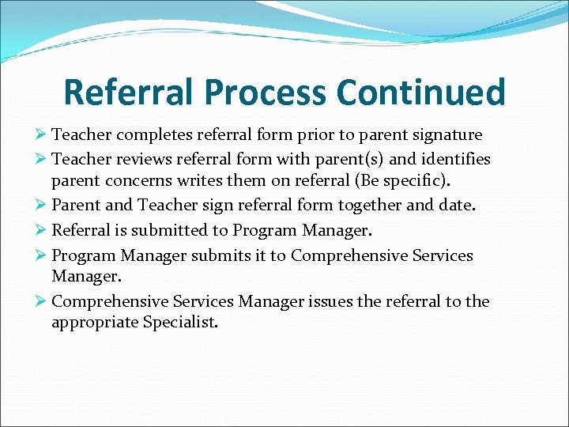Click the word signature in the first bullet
tap(443, 135)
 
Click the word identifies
tap(454, 160)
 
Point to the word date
tap(458, 206)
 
